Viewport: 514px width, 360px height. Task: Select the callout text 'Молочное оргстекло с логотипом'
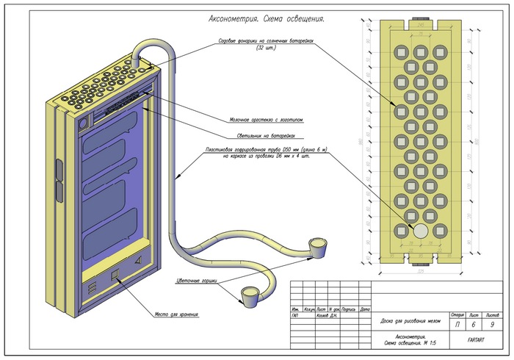267,119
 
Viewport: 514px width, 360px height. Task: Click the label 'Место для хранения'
176,315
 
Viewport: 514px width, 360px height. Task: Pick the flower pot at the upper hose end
318,245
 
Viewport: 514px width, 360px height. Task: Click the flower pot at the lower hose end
248,295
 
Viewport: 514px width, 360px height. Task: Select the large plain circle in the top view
421,231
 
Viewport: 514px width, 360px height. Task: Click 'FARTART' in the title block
474,341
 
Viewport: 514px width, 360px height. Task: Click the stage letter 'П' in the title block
458,324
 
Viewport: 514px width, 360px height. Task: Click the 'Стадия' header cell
457,314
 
